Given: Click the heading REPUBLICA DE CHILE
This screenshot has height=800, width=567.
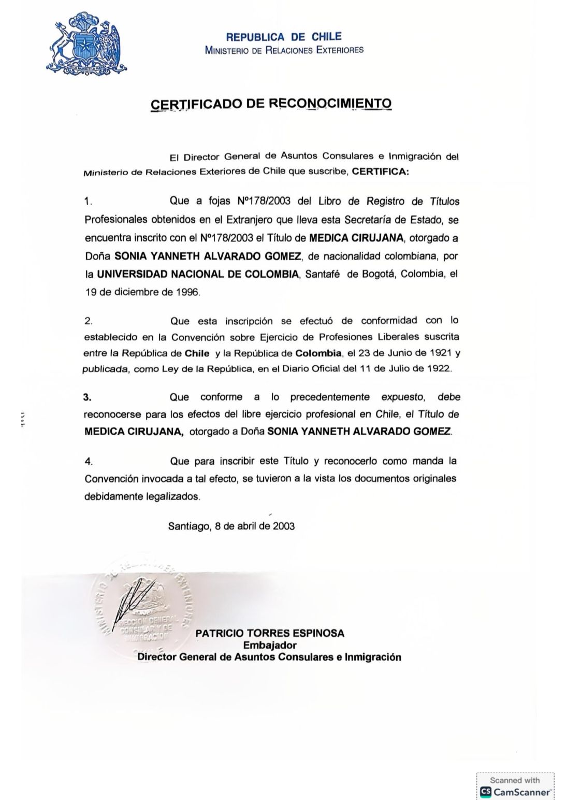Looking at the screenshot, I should pos(284,37).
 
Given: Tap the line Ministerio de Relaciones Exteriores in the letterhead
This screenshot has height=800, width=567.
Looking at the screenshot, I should pos(284,50).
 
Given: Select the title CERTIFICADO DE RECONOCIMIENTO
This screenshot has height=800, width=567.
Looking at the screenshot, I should pos(271,104).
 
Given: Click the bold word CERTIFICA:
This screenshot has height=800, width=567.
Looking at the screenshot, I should pos(380,172).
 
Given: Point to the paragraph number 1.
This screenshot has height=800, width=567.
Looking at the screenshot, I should pos(88,202).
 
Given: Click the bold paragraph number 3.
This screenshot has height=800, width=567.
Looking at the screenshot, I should pos(87,397).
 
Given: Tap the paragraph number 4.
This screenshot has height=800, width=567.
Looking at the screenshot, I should pos(88,461).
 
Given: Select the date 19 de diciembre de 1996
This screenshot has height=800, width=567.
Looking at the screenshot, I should pos(142,292).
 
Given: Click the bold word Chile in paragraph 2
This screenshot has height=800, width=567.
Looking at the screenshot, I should pos(197,353).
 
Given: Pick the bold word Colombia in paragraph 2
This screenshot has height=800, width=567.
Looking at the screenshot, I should pos(318,353).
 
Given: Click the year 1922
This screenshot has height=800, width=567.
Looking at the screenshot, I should pos(439,369).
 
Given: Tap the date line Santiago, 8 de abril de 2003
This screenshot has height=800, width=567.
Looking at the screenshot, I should pos(231,526).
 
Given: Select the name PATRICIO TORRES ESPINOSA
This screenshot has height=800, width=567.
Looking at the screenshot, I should pos(270,633).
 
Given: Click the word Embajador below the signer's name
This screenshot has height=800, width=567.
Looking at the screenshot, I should pos(270,646).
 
